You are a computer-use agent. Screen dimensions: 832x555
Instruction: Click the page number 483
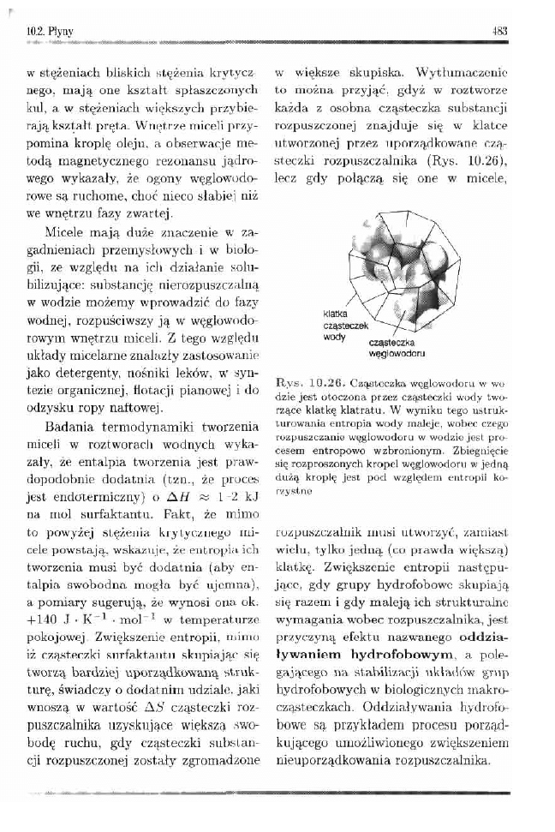pos(500,33)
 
